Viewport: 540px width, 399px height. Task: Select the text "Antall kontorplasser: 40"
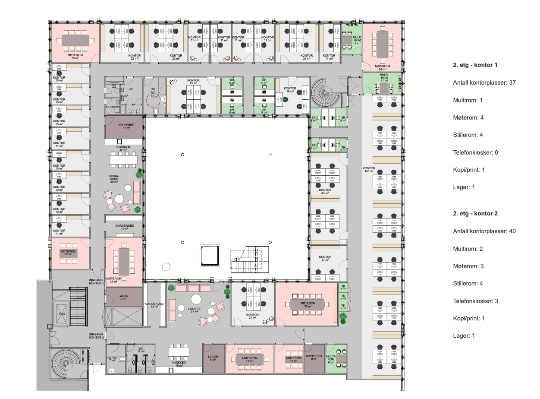tap(484, 231)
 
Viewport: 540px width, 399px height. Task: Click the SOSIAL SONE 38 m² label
tap(114, 179)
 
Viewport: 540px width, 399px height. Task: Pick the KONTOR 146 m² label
tap(369, 170)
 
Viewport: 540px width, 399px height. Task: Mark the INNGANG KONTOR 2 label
tap(97, 336)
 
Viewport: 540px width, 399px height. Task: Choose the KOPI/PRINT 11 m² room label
tap(123, 127)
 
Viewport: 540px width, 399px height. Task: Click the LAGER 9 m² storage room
tap(123, 297)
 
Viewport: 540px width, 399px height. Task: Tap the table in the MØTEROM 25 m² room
tap(75, 40)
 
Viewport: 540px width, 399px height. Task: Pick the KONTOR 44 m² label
tap(325, 191)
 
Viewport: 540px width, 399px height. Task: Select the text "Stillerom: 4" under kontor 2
tap(468, 283)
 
